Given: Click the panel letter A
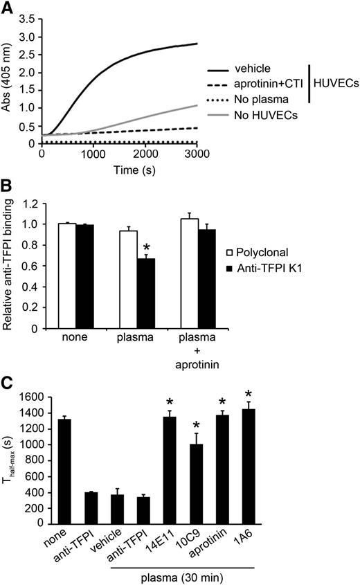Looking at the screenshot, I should pyautogui.click(x=8, y=8).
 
